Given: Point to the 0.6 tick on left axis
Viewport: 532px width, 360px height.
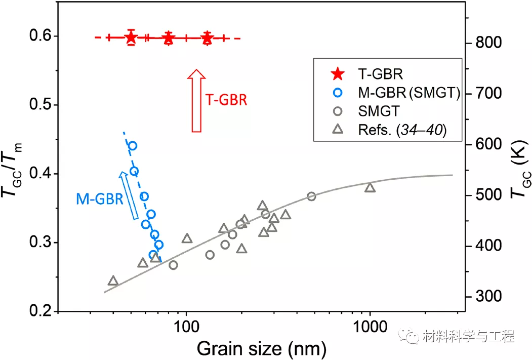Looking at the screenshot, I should click(37, 36).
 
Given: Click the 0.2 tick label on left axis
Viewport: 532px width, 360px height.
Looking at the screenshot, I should click(37, 311).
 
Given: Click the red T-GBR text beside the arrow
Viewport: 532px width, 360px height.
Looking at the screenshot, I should click(226, 99).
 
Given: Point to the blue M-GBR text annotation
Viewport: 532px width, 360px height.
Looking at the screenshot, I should click(99, 199).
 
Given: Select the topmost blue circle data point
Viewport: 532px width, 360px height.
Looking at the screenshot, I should click(133, 146).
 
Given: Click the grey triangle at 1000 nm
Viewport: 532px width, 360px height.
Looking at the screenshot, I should click(370, 188).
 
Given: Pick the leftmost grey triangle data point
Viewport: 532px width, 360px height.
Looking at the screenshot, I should click(113, 281).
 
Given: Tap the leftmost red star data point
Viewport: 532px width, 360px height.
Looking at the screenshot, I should click(131, 37).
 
